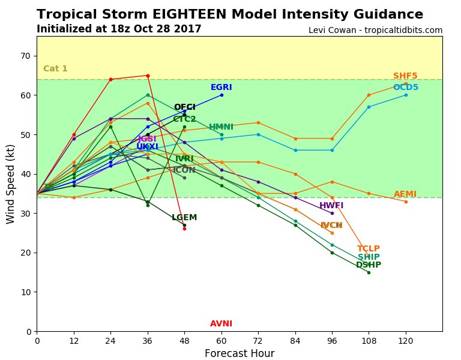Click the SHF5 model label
(x=405, y=76)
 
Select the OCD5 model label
(x=406, y=88)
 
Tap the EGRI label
(x=221, y=88)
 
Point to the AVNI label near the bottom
(x=221, y=324)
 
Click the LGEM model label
(x=184, y=218)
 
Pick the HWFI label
(x=331, y=206)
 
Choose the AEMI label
(x=405, y=194)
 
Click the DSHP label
(x=369, y=265)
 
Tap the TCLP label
(x=369, y=249)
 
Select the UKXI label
(x=147, y=147)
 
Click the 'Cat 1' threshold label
(x=55, y=69)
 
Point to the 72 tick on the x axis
(x=258, y=340)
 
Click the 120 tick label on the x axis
(x=406, y=340)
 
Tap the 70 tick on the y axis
(x=25, y=56)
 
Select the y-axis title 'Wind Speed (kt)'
(x=11, y=184)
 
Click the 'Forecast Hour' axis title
(x=240, y=353)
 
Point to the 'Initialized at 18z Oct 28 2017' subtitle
(x=119, y=29)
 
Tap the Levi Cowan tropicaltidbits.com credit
(x=375, y=30)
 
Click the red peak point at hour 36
(x=148, y=76)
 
